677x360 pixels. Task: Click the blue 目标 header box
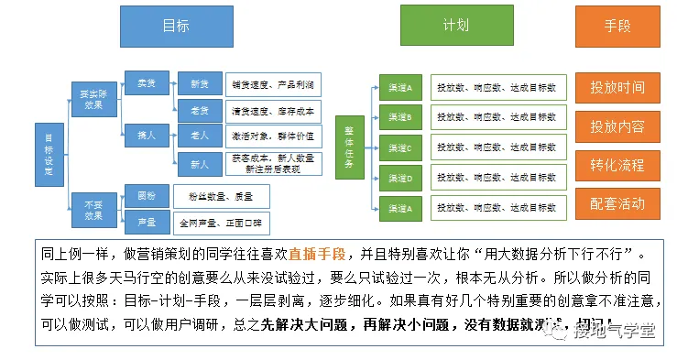pyautogui.click(x=176, y=26)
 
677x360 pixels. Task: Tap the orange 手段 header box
pyautogui.click(x=617, y=26)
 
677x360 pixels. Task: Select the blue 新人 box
pyautogui.click(x=199, y=164)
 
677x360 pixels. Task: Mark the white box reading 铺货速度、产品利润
pyautogui.click(x=273, y=84)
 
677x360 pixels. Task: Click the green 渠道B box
pyautogui.click(x=399, y=118)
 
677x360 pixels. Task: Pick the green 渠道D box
pyautogui.click(x=399, y=179)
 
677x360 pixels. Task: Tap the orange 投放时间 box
pyautogui.click(x=617, y=88)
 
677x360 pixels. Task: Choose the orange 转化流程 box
pyautogui.click(x=617, y=165)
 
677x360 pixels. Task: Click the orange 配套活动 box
pyautogui.click(x=617, y=203)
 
